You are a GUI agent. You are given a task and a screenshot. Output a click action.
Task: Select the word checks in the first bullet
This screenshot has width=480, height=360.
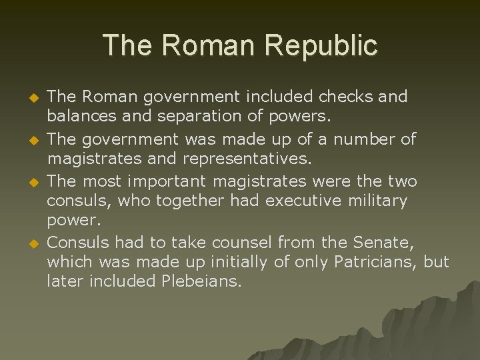(347, 97)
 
